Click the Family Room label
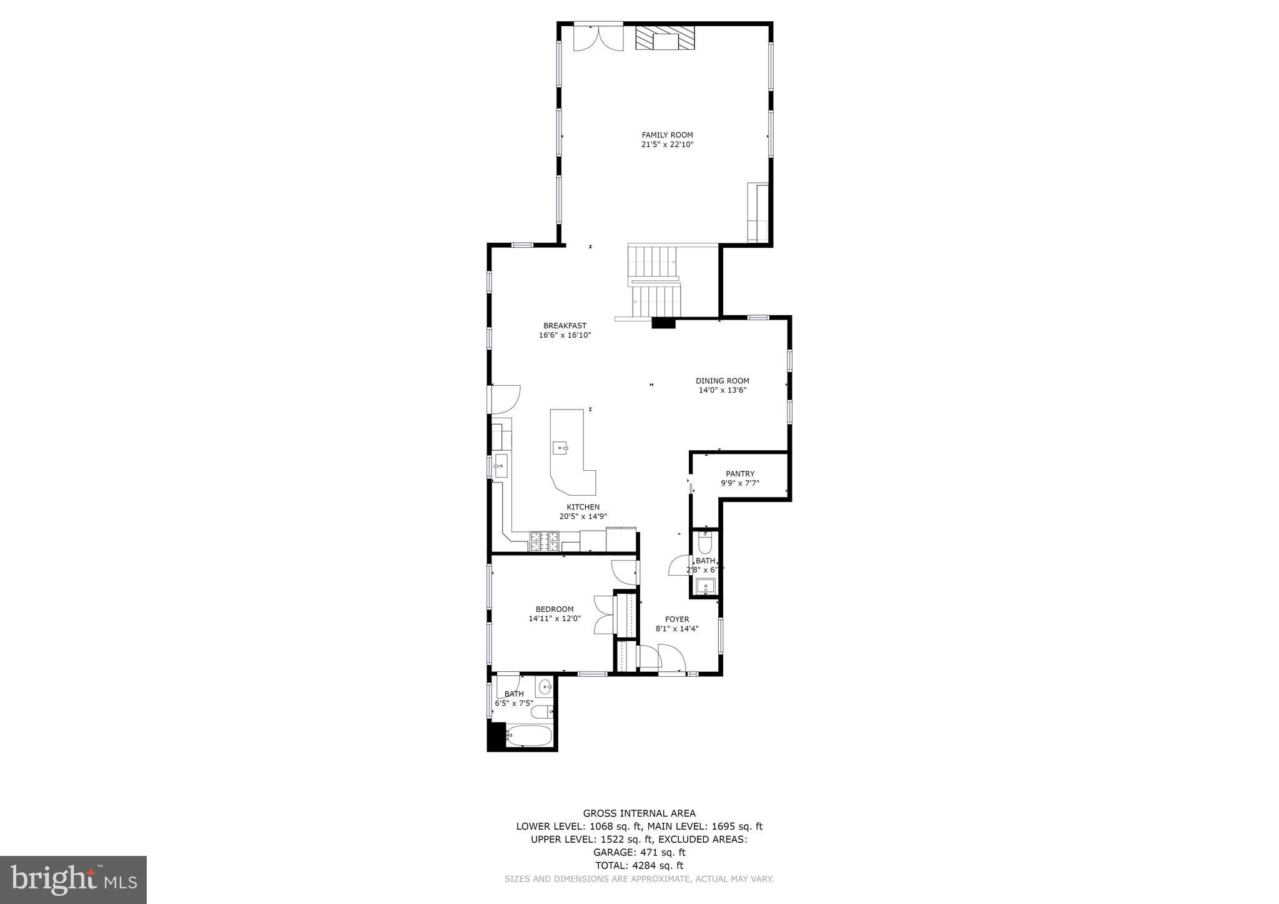pyautogui.click(x=667, y=135)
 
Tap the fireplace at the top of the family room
pyautogui.click(x=665, y=39)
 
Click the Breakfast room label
pyautogui.click(x=565, y=325)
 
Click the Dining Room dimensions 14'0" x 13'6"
pyautogui.click(x=722, y=390)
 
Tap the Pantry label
pyautogui.click(x=739, y=474)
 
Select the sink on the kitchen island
pyautogui.click(x=560, y=448)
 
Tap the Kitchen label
pyautogui.click(x=583, y=507)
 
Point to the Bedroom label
pyautogui.click(x=554, y=609)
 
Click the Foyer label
pyautogui.click(x=676, y=619)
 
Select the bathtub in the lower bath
pyautogui.click(x=528, y=735)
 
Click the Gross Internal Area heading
pyautogui.click(x=639, y=813)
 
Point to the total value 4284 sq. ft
pyautogui.click(x=658, y=865)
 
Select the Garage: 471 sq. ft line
pyautogui.click(x=639, y=852)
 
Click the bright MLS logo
pyautogui.click(x=73, y=880)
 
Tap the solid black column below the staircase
pyautogui.click(x=663, y=323)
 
